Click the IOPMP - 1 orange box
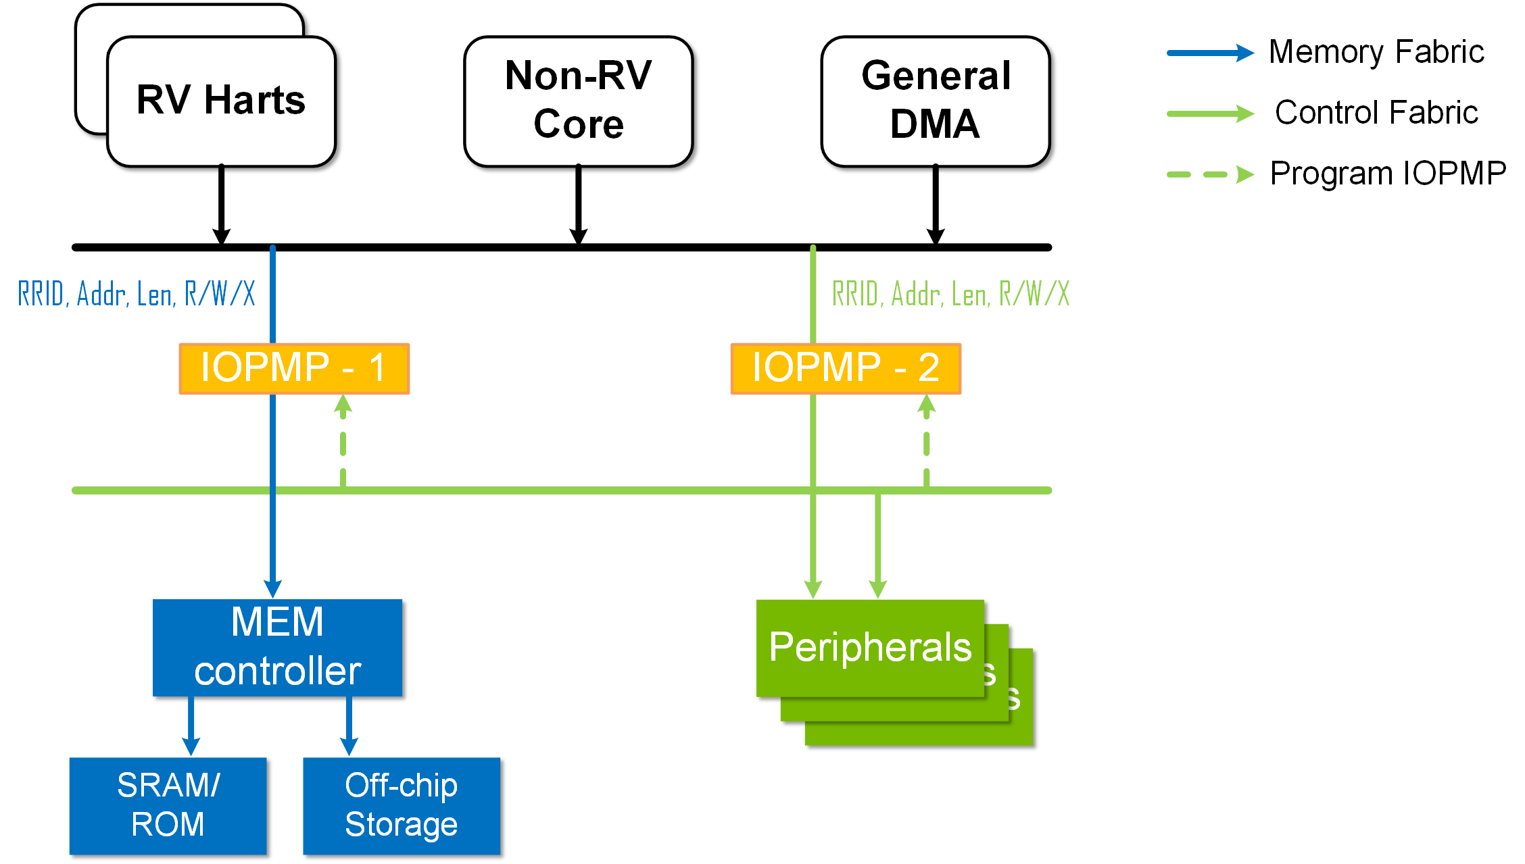click(x=294, y=369)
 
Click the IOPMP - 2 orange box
click(x=846, y=369)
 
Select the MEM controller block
click(x=280, y=647)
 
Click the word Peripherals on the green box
click(x=871, y=647)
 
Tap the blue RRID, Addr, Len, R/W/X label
click(x=137, y=295)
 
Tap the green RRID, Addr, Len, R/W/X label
click(x=950, y=295)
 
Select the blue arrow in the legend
click(x=1210, y=53)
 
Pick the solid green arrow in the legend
click(x=1210, y=113)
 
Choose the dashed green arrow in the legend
click(x=1210, y=174)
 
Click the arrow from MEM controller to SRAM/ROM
click(x=191, y=728)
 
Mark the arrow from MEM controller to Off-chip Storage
click(x=349, y=728)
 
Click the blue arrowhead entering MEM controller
click(x=272, y=588)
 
